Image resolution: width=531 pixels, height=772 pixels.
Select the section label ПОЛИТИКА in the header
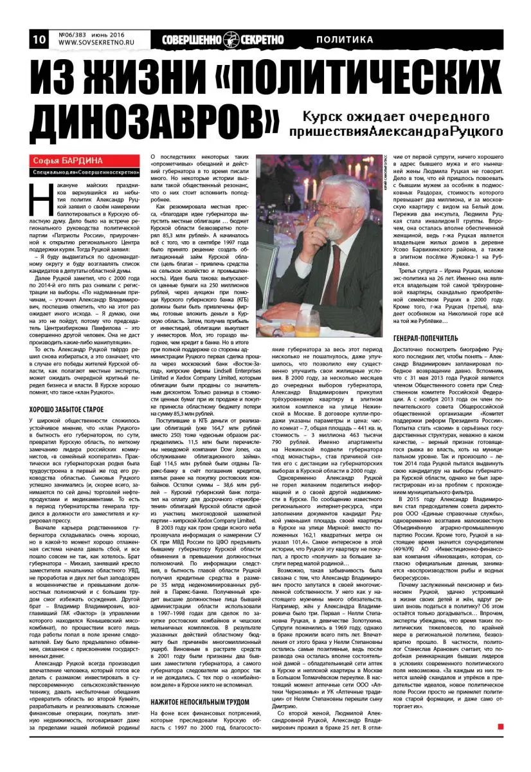click(x=345, y=40)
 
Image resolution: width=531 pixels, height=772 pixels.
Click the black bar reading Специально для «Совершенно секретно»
click(x=87, y=172)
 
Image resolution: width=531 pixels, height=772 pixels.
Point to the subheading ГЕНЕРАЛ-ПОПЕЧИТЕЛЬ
click(x=426, y=337)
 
